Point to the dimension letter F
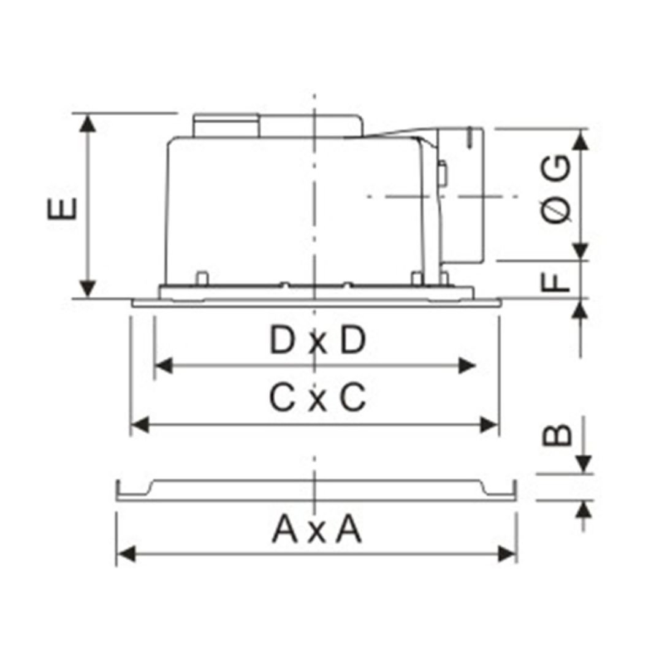555,282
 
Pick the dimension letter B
557,435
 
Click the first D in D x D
282,340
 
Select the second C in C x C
352,397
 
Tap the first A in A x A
286,530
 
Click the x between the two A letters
317,533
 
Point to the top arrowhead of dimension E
88,123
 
